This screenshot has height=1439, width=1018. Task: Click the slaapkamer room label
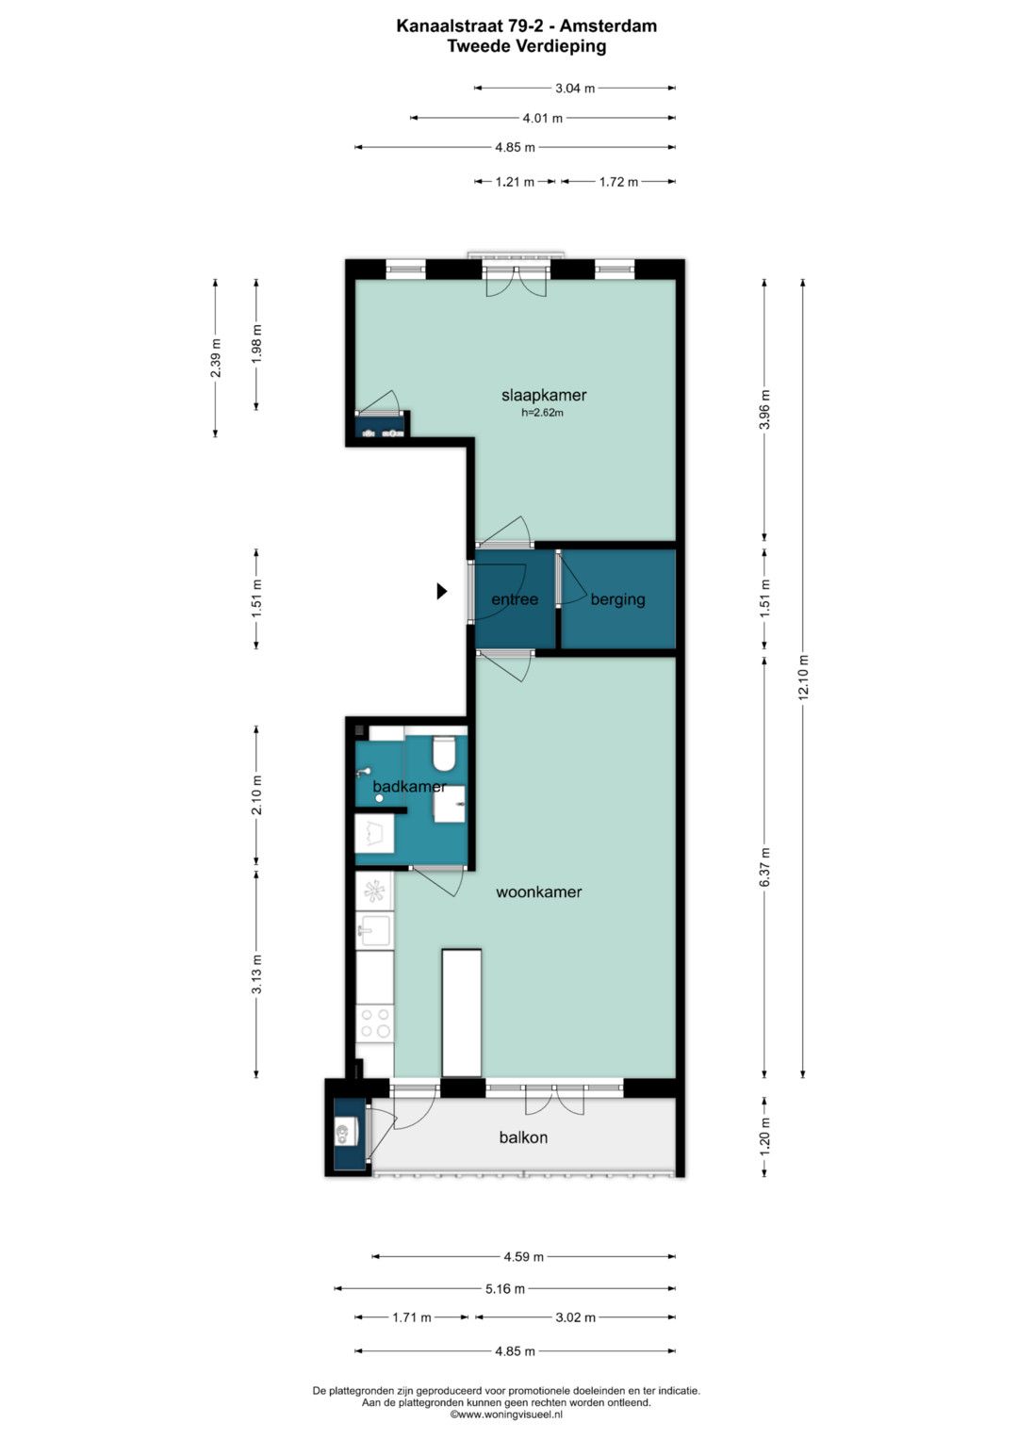[544, 395]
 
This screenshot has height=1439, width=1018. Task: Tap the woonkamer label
[538, 891]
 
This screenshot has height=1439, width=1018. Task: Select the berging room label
[617, 599]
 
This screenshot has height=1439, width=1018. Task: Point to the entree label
[515, 599]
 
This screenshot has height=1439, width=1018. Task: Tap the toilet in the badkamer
[443, 754]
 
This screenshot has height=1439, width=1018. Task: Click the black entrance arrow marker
[441, 590]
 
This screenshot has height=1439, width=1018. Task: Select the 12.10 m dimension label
[803, 678]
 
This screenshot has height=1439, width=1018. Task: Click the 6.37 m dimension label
[764, 867]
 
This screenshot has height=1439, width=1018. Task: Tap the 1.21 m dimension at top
[514, 182]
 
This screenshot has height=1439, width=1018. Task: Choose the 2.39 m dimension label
[216, 358]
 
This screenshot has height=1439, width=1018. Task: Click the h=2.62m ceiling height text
[542, 413]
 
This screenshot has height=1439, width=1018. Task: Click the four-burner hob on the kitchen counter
[375, 1022]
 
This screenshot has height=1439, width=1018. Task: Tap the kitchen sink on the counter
[374, 929]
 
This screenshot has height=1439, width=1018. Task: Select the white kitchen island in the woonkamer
[462, 1013]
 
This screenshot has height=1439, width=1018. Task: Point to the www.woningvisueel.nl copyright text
[506, 1414]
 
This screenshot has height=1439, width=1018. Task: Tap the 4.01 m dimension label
[542, 118]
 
